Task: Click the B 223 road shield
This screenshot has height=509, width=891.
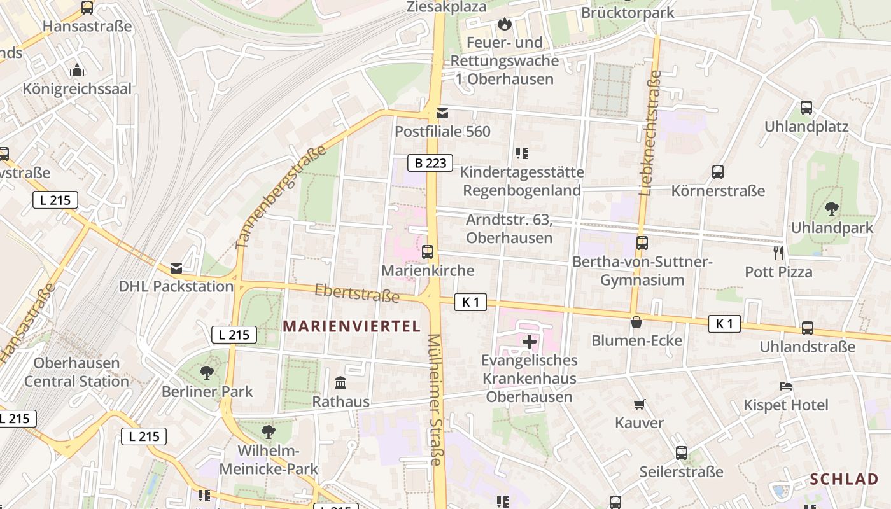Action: tap(430, 163)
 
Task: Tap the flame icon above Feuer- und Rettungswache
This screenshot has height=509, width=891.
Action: tap(505, 24)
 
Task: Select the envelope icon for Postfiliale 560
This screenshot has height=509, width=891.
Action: tap(442, 113)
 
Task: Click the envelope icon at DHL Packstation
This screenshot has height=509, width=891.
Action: tap(176, 268)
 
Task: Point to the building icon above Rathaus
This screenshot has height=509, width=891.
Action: tap(340, 383)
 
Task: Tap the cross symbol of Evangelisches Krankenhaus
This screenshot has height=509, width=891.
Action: tap(530, 342)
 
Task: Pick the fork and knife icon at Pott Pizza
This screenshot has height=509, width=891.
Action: tap(778, 253)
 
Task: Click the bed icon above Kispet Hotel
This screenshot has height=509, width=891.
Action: tap(786, 386)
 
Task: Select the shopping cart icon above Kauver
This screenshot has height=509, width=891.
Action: tap(640, 404)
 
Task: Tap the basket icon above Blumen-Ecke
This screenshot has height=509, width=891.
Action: tap(636, 322)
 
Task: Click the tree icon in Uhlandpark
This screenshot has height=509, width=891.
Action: tap(832, 208)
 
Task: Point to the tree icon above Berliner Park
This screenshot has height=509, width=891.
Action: tap(206, 372)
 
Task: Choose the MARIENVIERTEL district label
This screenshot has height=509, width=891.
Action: tap(352, 326)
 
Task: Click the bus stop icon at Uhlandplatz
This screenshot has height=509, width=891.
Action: tap(806, 108)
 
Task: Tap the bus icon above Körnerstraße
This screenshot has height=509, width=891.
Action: tap(718, 171)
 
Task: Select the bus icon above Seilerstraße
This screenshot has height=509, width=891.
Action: tap(682, 453)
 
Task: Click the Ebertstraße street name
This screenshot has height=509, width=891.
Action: tap(357, 293)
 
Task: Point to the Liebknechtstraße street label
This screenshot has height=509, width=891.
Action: tap(650, 132)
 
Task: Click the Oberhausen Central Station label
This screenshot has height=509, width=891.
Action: tap(76, 372)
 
